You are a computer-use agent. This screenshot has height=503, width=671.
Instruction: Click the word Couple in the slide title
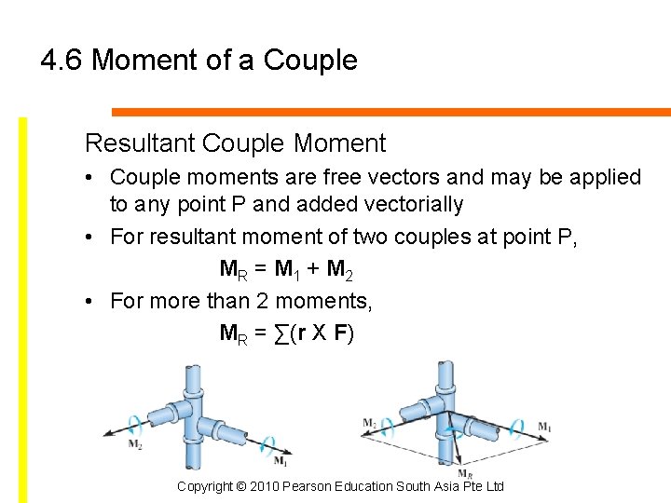pyautogui.click(x=310, y=61)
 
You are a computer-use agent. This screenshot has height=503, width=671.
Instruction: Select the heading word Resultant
pyautogui.click(x=139, y=143)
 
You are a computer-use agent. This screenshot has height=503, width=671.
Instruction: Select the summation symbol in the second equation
pyautogui.click(x=281, y=333)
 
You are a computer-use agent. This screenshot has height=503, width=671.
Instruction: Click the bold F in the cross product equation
pyautogui.click(x=340, y=333)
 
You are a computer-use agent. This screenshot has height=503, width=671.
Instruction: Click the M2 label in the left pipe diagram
pyautogui.click(x=136, y=443)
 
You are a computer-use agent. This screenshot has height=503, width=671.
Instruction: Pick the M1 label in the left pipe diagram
pyautogui.click(x=280, y=460)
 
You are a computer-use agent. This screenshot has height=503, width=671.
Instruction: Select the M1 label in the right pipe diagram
pyautogui.click(x=544, y=427)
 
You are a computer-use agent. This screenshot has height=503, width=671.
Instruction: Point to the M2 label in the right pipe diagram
pyautogui.click(x=370, y=425)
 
